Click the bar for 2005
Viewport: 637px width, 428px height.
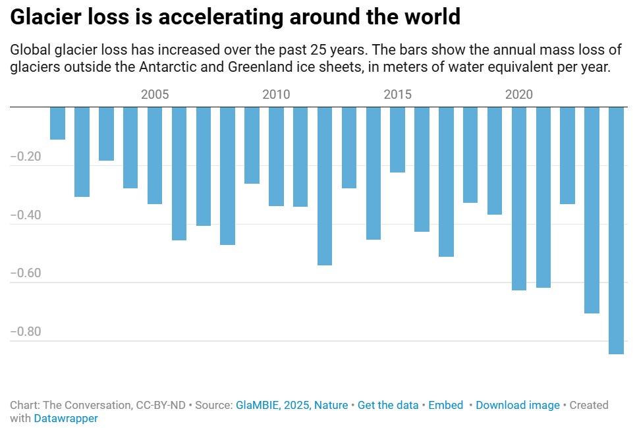click(x=155, y=155)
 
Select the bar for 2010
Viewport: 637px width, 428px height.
click(x=276, y=156)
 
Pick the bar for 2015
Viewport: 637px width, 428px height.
click(x=398, y=140)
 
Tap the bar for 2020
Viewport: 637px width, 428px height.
click(x=519, y=199)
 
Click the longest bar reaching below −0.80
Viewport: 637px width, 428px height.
click(x=617, y=230)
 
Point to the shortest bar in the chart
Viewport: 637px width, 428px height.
click(x=58, y=123)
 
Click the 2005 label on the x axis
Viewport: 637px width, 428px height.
click(x=155, y=94)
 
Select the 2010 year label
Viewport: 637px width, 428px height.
click(x=276, y=94)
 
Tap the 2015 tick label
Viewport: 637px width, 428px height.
click(x=398, y=94)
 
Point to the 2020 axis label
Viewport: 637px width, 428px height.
click(x=519, y=94)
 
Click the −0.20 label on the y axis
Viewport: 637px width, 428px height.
click(x=26, y=156)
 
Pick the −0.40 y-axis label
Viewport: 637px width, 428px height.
click(x=26, y=215)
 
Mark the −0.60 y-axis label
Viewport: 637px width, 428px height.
click(x=26, y=273)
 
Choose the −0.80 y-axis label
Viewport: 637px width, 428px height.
click(x=26, y=331)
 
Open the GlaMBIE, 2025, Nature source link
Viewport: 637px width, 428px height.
click(x=292, y=405)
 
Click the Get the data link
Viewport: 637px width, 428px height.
click(x=388, y=405)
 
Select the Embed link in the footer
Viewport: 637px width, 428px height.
click(x=446, y=405)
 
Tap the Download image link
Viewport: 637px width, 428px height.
click(x=518, y=405)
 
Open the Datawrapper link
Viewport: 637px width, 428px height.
click(x=66, y=418)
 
